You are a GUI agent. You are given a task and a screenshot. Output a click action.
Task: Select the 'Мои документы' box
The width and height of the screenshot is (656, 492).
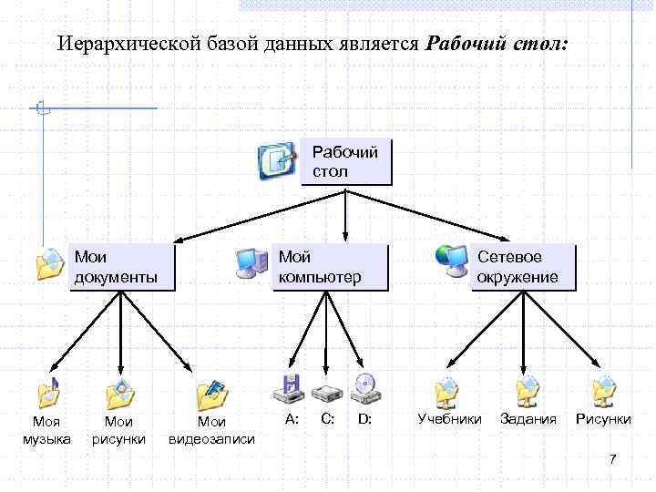[122, 267]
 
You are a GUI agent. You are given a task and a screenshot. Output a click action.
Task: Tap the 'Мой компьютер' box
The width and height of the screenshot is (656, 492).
[330, 267]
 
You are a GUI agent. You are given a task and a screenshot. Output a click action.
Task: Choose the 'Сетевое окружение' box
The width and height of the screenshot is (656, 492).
[524, 267]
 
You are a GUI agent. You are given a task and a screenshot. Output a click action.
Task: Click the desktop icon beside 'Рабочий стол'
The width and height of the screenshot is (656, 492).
[277, 160]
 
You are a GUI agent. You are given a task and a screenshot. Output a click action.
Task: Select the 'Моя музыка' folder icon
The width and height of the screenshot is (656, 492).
[48, 393]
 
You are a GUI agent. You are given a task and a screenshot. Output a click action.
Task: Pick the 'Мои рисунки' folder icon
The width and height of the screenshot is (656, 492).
[120, 393]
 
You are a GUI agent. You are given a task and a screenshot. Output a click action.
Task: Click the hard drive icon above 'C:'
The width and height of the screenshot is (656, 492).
[326, 393]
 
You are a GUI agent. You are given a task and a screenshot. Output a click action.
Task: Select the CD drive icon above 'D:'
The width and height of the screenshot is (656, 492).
[365, 390]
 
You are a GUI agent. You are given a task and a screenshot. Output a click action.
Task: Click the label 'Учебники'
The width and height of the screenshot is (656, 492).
[449, 419]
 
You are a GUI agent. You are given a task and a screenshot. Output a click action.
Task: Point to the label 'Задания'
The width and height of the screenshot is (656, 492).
[528, 419]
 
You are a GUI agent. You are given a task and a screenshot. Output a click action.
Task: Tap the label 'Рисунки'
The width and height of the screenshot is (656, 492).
[602, 419]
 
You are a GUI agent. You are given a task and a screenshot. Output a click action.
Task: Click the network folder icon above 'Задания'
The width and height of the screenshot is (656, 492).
[527, 392]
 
